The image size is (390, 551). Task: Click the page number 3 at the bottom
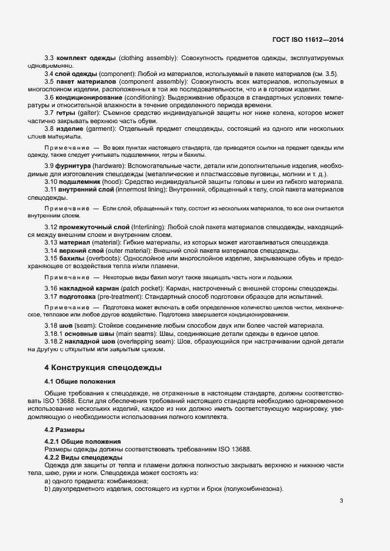341,501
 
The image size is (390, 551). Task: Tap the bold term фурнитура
75,166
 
